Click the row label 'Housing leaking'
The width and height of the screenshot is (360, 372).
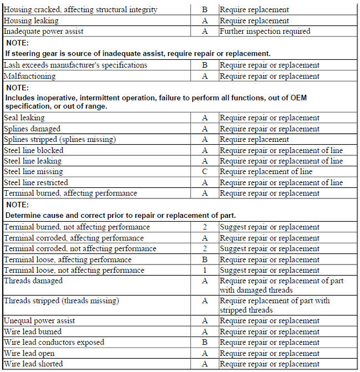[30, 21]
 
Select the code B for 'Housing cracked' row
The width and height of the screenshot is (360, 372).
[204, 9]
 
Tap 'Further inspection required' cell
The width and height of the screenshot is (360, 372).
[265, 31]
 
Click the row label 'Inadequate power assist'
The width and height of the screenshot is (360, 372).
[43, 31]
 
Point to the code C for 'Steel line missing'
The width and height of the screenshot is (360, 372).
[204, 172]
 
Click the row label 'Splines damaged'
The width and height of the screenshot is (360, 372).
[32, 129]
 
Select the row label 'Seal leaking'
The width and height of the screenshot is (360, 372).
[24, 118]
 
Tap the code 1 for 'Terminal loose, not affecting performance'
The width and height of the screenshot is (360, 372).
[204, 271]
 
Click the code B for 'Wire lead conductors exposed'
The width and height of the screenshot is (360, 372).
[204, 343]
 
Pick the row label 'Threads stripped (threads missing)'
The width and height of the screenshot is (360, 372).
[62, 301]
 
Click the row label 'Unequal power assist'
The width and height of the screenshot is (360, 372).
[39, 321]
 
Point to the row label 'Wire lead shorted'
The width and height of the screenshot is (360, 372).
[33, 364]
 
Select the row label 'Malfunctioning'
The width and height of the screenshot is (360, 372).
[29, 76]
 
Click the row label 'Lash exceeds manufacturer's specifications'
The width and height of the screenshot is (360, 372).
[75, 65]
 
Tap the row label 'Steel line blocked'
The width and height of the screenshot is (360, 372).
[33, 150]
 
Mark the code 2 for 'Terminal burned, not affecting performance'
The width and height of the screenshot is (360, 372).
[204, 227]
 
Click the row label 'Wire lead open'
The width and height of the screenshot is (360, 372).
[31, 353]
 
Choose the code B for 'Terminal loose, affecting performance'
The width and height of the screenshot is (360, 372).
[204, 259]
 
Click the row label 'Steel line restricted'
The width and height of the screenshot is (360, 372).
[36, 182]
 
